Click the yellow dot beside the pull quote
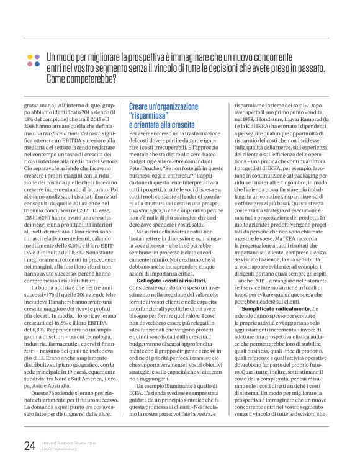coord(29,56)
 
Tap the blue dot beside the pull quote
coord(37,56)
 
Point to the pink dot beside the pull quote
coord(29,64)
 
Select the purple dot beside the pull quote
coord(37,64)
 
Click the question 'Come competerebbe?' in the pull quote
coord(81,79)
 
